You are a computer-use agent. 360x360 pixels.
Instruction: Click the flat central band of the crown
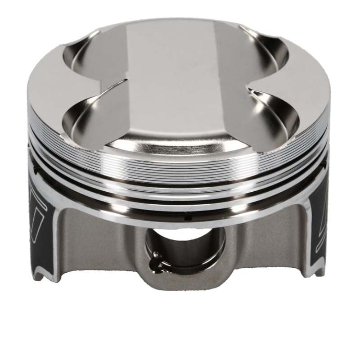180,81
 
